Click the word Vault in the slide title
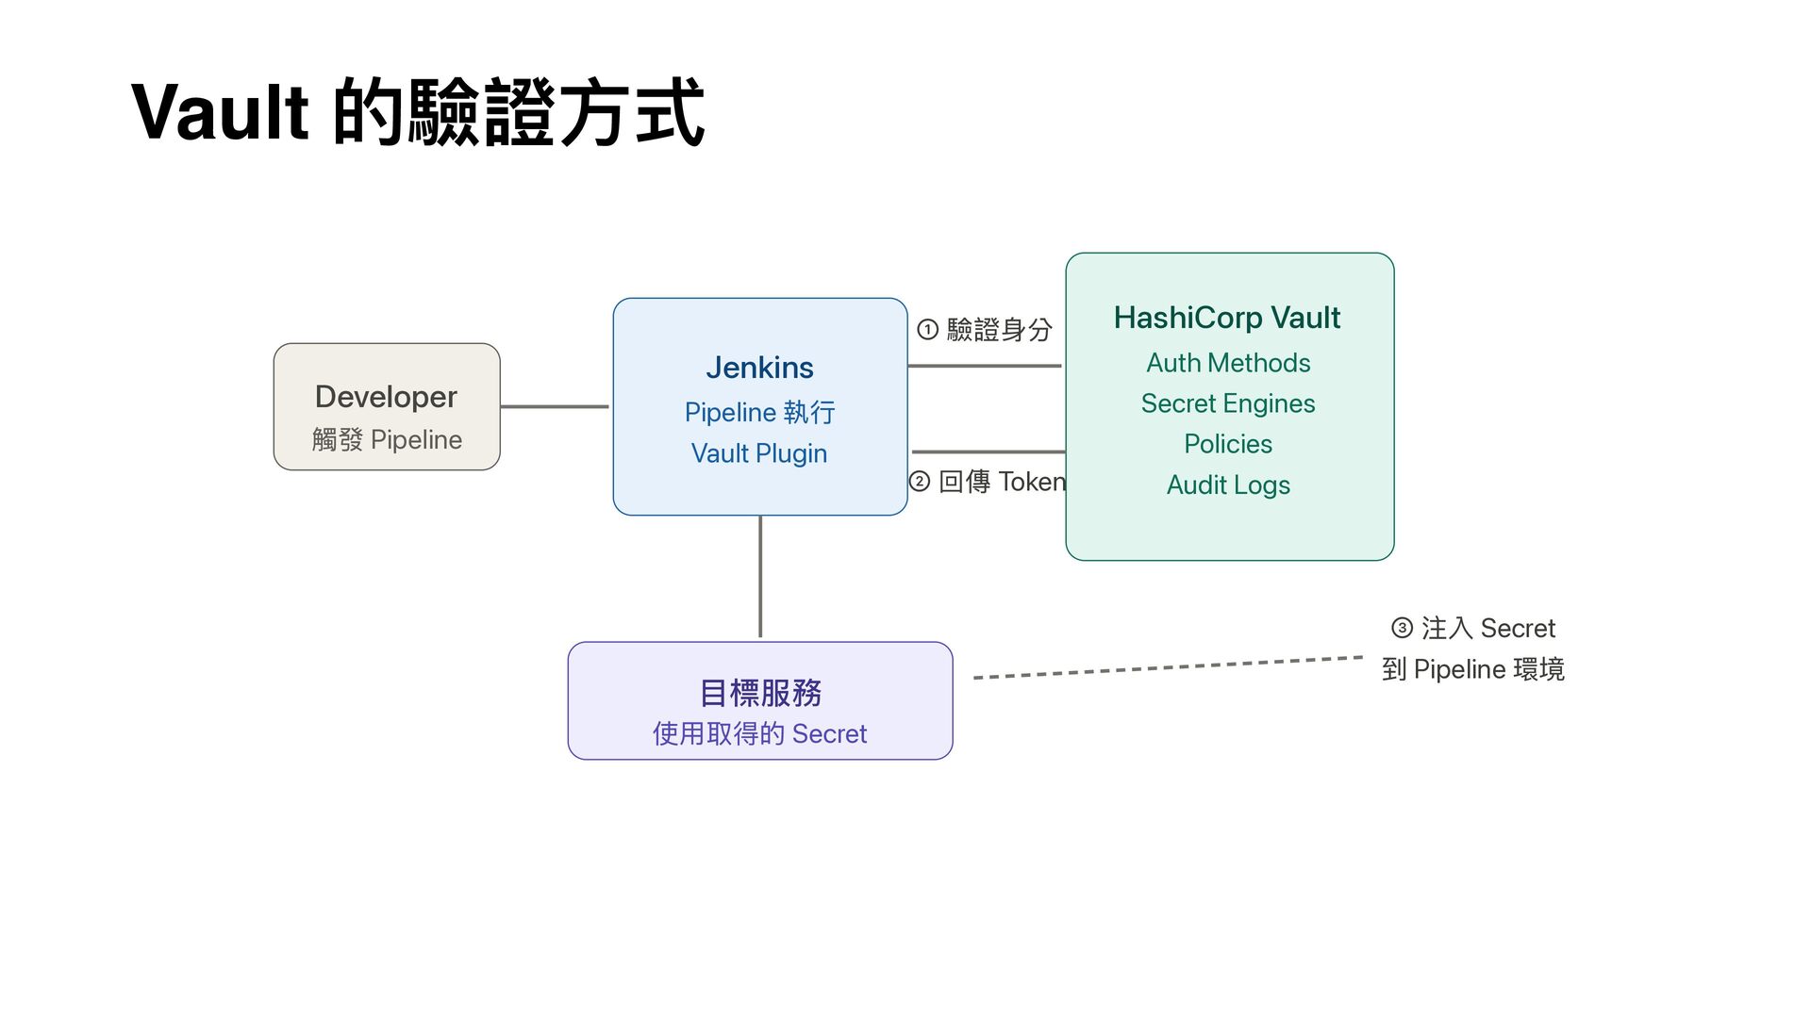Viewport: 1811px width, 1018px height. pos(220,113)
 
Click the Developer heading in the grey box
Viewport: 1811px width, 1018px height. pos(386,397)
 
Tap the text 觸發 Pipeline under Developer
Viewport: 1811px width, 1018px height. pos(387,439)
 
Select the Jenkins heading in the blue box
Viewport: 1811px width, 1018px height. pos(759,368)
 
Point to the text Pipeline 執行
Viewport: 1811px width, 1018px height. pos(759,412)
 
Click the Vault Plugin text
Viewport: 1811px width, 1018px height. pos(759,453)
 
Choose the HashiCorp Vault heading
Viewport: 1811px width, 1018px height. pos(1226,318)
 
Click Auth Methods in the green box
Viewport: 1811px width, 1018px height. pos(1228,363)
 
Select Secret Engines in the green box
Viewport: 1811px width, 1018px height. pos(1228,403)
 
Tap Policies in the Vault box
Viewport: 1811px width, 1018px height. pos(1228,444)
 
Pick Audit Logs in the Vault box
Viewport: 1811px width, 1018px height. pos(1228,484)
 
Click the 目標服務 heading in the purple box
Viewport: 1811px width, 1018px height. pos(760,693)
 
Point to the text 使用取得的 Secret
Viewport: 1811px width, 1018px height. pos(759,733)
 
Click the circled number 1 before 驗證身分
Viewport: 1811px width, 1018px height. pos(927,329)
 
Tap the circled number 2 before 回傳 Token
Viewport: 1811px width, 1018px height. pos(920,482)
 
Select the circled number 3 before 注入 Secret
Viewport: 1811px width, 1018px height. pos(1402,628)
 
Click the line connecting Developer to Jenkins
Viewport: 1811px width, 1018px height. pos(555,406)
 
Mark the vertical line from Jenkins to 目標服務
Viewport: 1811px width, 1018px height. pos(760,577)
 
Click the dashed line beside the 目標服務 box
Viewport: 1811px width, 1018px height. pos(1168,667)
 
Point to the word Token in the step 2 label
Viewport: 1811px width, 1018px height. pos(1032,482)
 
